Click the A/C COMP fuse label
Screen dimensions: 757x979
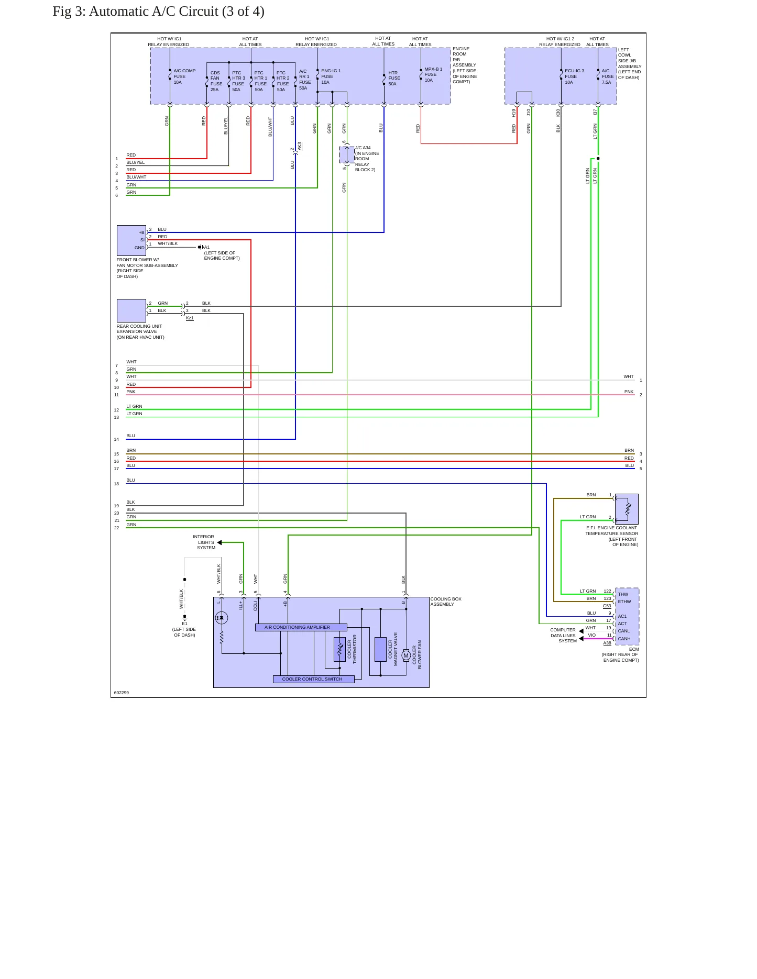pos(184,76)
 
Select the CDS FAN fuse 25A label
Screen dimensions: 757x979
pos(216,81)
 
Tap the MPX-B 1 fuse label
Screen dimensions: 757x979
pos(433,74)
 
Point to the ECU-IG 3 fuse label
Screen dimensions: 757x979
pos(574,76)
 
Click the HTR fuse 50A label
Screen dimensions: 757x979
pos(394,79)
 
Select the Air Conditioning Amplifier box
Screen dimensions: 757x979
pos(301,627)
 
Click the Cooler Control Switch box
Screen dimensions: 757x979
pos(314,679)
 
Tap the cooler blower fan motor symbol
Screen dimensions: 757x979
pos(406,655)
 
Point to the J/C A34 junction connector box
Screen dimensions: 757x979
pos(347,155)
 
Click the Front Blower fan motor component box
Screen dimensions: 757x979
pos(131,240)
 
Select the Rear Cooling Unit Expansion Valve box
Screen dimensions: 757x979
pos(131,311)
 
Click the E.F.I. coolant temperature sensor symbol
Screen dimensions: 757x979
pos(627,509)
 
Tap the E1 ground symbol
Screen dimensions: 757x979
pos(184,618)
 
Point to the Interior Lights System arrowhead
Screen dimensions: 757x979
pos(220,542)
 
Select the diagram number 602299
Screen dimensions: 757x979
pos(122,693)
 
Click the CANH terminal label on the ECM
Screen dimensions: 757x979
pos(624,639)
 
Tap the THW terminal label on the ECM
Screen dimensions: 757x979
pos(623,594)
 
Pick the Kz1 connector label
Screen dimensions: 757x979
pos(190,318)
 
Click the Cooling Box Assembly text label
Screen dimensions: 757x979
pos(446,602)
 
